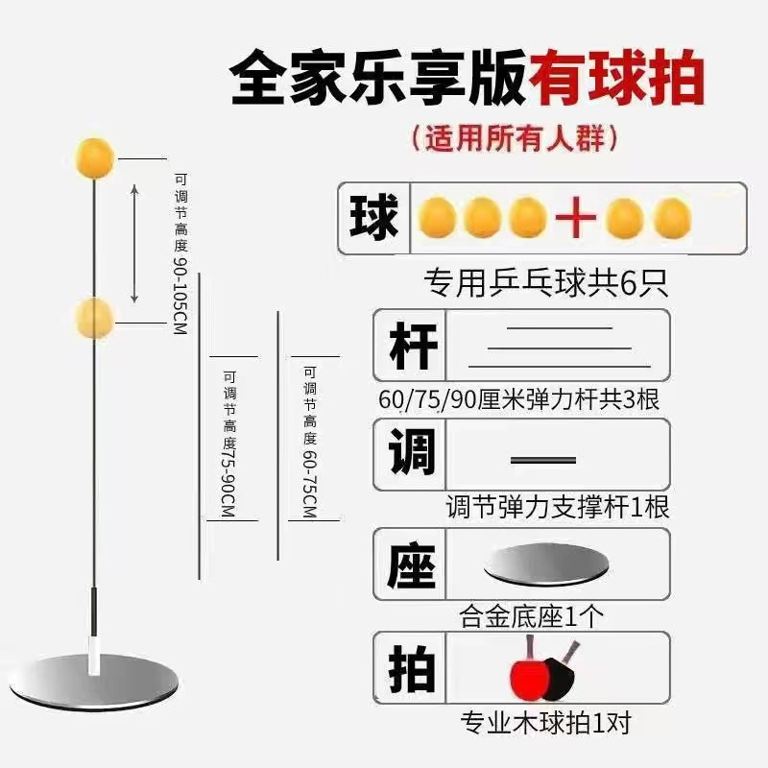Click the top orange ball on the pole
(93, 155)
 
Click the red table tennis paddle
(527, 672)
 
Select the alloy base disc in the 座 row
(548, 564)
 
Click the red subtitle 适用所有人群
(514, 138)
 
